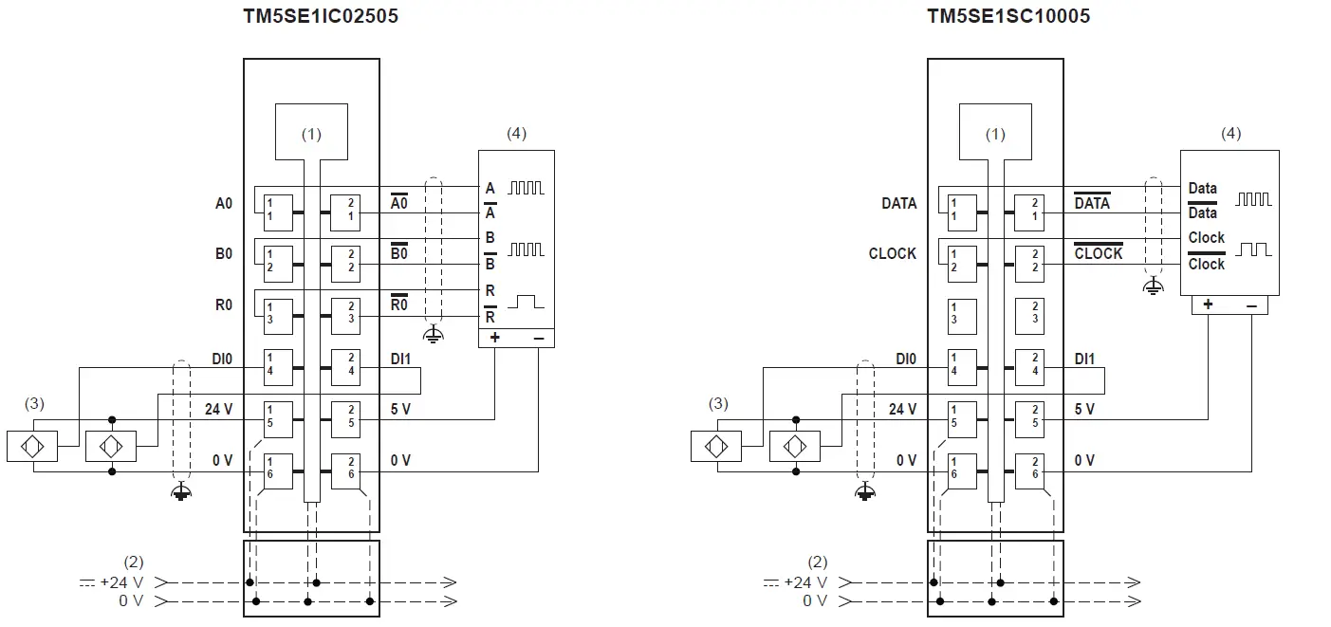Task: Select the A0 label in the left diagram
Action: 224,203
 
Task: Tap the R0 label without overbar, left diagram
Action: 224,305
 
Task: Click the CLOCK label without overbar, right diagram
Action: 892,254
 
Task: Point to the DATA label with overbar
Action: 1092,203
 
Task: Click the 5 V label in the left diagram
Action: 400,410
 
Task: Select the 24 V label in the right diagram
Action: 902,410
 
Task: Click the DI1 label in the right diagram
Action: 1084,360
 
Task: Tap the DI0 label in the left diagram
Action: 221,360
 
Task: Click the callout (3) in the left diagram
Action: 35,404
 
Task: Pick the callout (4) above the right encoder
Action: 1229,134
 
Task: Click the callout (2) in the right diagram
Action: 817,562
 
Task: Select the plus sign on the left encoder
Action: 494,337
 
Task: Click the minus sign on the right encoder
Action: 1251,305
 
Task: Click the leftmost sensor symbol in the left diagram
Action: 32,445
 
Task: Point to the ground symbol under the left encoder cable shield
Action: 433,334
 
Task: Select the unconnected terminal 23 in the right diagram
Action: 1034,313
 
